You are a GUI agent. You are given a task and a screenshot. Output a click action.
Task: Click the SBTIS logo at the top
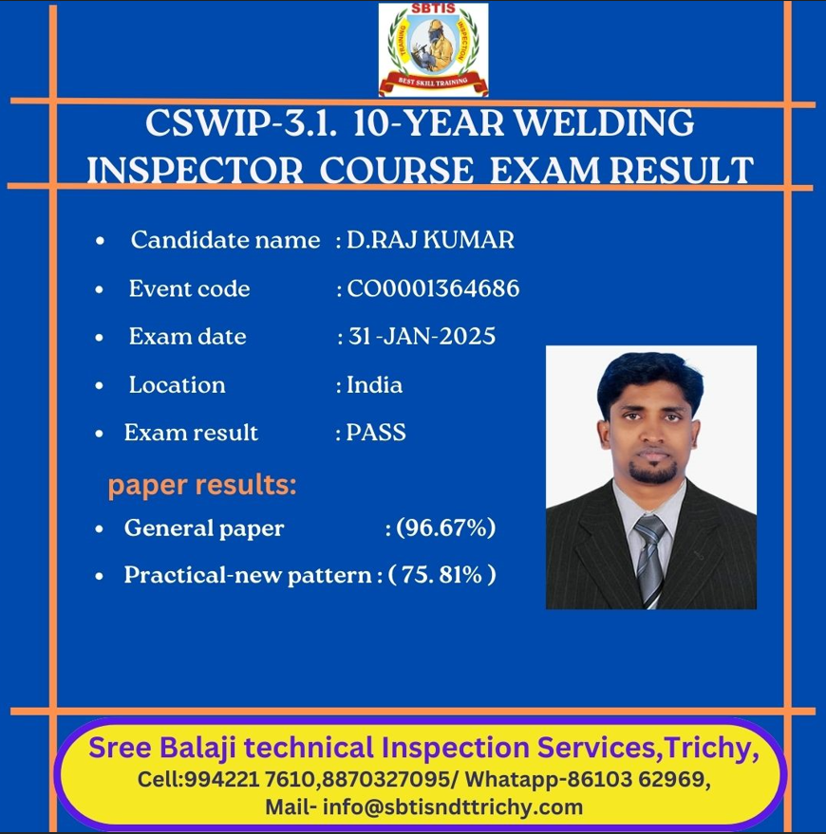pos(433,49)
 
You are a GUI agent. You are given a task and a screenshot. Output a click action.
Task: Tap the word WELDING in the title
pos(605,122)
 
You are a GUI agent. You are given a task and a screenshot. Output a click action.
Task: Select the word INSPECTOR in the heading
pos(196,171)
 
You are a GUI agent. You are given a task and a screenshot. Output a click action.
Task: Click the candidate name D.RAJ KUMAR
pos(430,240)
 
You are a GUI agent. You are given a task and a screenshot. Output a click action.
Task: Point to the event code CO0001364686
pos(433,288)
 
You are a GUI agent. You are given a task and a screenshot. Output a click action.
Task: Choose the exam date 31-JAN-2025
pos(422,336)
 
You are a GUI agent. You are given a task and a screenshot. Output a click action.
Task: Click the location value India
pos(375,384)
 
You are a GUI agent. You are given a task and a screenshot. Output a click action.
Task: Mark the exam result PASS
pos(376,433)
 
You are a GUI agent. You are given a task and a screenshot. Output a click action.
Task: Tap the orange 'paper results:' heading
pos(202,486)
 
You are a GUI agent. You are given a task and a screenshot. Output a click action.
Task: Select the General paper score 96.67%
pos(446,528)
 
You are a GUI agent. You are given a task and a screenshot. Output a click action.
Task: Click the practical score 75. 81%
pos(442,575)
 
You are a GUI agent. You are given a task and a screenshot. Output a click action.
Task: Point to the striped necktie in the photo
pos(649,560)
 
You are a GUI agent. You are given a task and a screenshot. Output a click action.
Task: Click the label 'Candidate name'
pos(226,240)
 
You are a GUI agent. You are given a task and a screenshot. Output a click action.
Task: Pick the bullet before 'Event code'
pos(100,290)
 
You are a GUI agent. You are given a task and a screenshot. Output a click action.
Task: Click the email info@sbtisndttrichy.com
pos(453,806)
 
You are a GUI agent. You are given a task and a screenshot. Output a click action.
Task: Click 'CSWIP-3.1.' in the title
pos(241,122)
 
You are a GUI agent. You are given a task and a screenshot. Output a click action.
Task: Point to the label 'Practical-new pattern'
pos(248,576)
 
